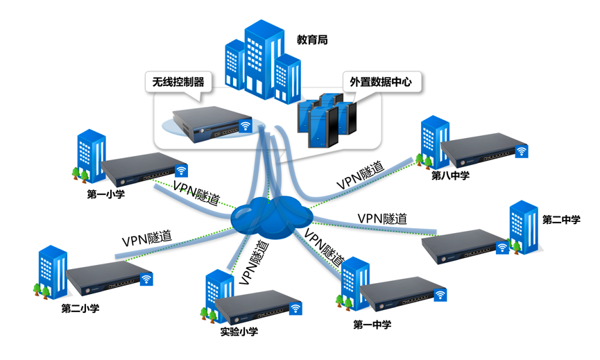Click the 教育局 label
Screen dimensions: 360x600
(x=311, y=40)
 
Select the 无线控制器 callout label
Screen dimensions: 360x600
(x=178, y=82)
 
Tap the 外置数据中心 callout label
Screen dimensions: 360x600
(x=381, y=82)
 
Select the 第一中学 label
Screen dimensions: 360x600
(x=372, y=324)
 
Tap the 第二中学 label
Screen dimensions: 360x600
(x=560, y=220)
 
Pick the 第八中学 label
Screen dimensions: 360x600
(x=450, y=175)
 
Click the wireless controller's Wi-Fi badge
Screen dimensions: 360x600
(x=245, y=126)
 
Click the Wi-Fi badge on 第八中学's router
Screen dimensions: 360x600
(x=520, y=151)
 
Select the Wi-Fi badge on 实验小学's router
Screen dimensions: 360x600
(x=295, y=309)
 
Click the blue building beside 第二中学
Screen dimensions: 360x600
(x=525, y=226)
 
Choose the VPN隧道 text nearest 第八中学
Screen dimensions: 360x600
(x=361, y=176)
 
